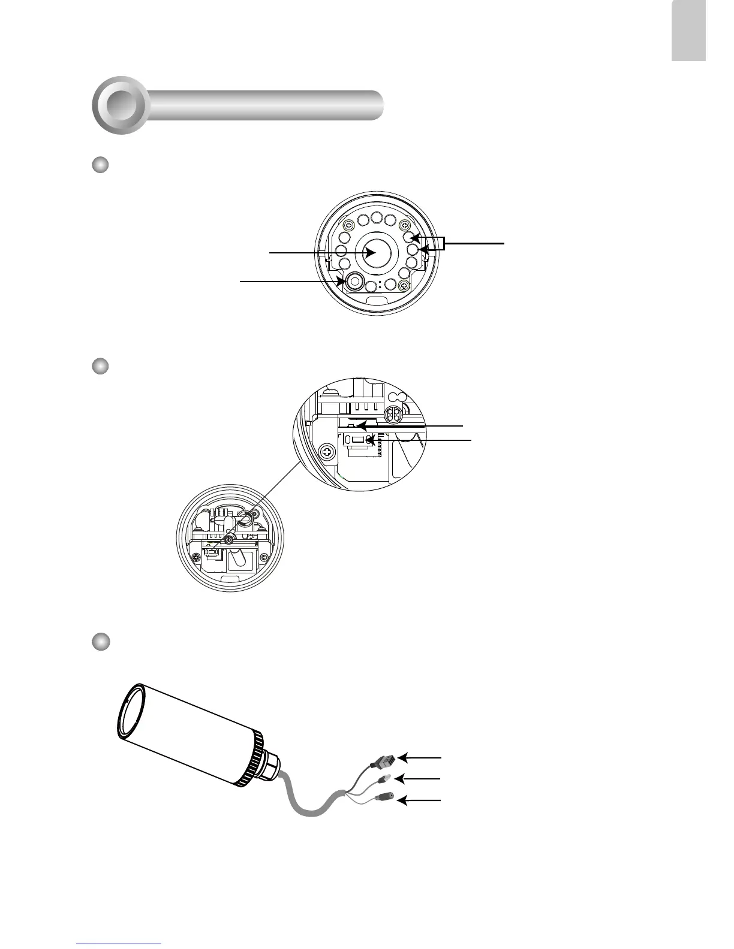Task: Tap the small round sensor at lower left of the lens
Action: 356,281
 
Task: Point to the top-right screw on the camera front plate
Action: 404,226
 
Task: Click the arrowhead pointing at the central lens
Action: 370,253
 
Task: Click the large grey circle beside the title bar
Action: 122,105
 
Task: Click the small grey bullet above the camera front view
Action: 100,165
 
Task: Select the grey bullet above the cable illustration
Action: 100,641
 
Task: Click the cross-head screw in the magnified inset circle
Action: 328,452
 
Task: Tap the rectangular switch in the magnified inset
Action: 358,440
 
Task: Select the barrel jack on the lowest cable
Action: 384,798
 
